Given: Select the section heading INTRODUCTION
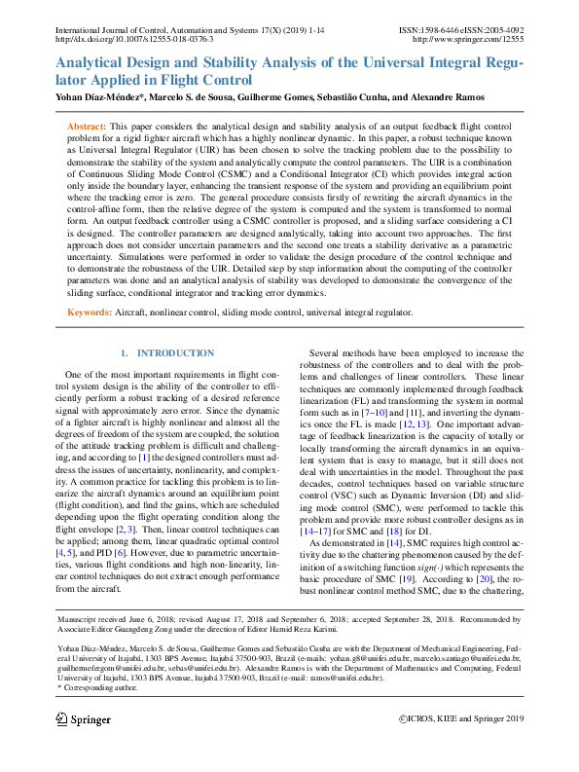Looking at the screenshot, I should pyautogui.click(x=175, y=352).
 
